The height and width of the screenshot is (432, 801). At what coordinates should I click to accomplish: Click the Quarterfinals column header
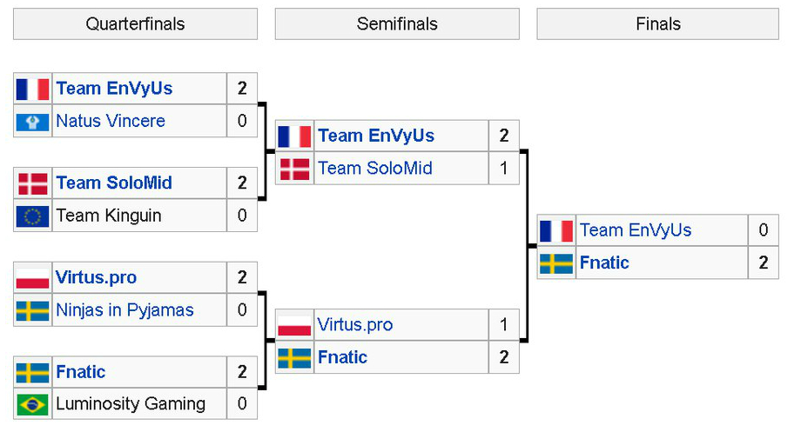point(135,24)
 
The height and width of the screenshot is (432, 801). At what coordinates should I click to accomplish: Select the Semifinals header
point(397,24)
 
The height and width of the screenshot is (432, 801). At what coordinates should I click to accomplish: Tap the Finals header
point(658,24)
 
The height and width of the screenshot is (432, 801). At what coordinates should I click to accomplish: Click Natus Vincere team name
point(111,121)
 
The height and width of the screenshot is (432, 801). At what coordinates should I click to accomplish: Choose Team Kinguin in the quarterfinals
point(109,216)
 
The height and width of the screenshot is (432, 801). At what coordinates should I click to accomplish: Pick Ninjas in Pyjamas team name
point(125,310)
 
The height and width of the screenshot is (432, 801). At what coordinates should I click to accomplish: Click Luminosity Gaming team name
point(131,404)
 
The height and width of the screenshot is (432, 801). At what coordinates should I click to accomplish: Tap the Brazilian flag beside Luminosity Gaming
point(33,404)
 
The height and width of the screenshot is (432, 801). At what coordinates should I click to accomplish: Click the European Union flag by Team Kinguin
point(33,216)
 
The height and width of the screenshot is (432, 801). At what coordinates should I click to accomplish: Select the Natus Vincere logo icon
point(33,121)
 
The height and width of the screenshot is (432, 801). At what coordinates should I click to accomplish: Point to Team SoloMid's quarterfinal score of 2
point(242,183)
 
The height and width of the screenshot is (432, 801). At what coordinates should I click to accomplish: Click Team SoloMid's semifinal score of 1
point(504,169)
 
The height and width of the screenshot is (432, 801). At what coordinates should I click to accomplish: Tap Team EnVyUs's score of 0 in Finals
point(764,230)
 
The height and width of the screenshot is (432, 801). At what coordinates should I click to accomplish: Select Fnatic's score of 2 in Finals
point(764,263)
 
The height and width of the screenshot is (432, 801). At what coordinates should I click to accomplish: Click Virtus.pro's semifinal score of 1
point(504,325)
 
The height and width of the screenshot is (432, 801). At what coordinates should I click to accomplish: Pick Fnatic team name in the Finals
point(604,263)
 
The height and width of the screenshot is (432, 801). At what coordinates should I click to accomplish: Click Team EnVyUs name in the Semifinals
point(376,136)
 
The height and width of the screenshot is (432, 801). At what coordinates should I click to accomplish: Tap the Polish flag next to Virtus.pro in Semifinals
point(295,325)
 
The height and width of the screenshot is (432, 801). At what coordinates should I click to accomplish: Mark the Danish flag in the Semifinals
point(295,169)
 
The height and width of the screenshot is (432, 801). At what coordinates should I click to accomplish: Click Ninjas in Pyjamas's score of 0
point(242,310)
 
